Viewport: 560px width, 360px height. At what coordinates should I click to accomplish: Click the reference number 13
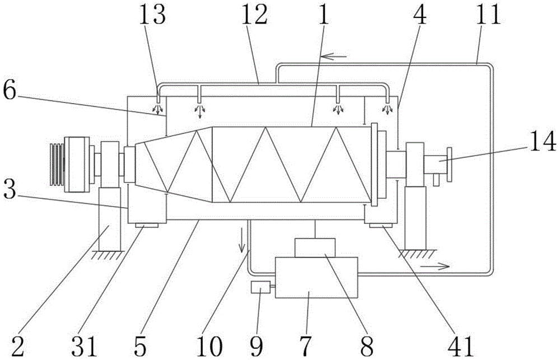coord(153,15)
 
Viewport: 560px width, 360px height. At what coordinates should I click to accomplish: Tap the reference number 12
coord(255,15)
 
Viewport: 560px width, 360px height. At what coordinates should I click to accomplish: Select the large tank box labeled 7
coord(316,278)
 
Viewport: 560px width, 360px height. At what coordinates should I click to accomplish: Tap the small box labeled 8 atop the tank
coord(315,247)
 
